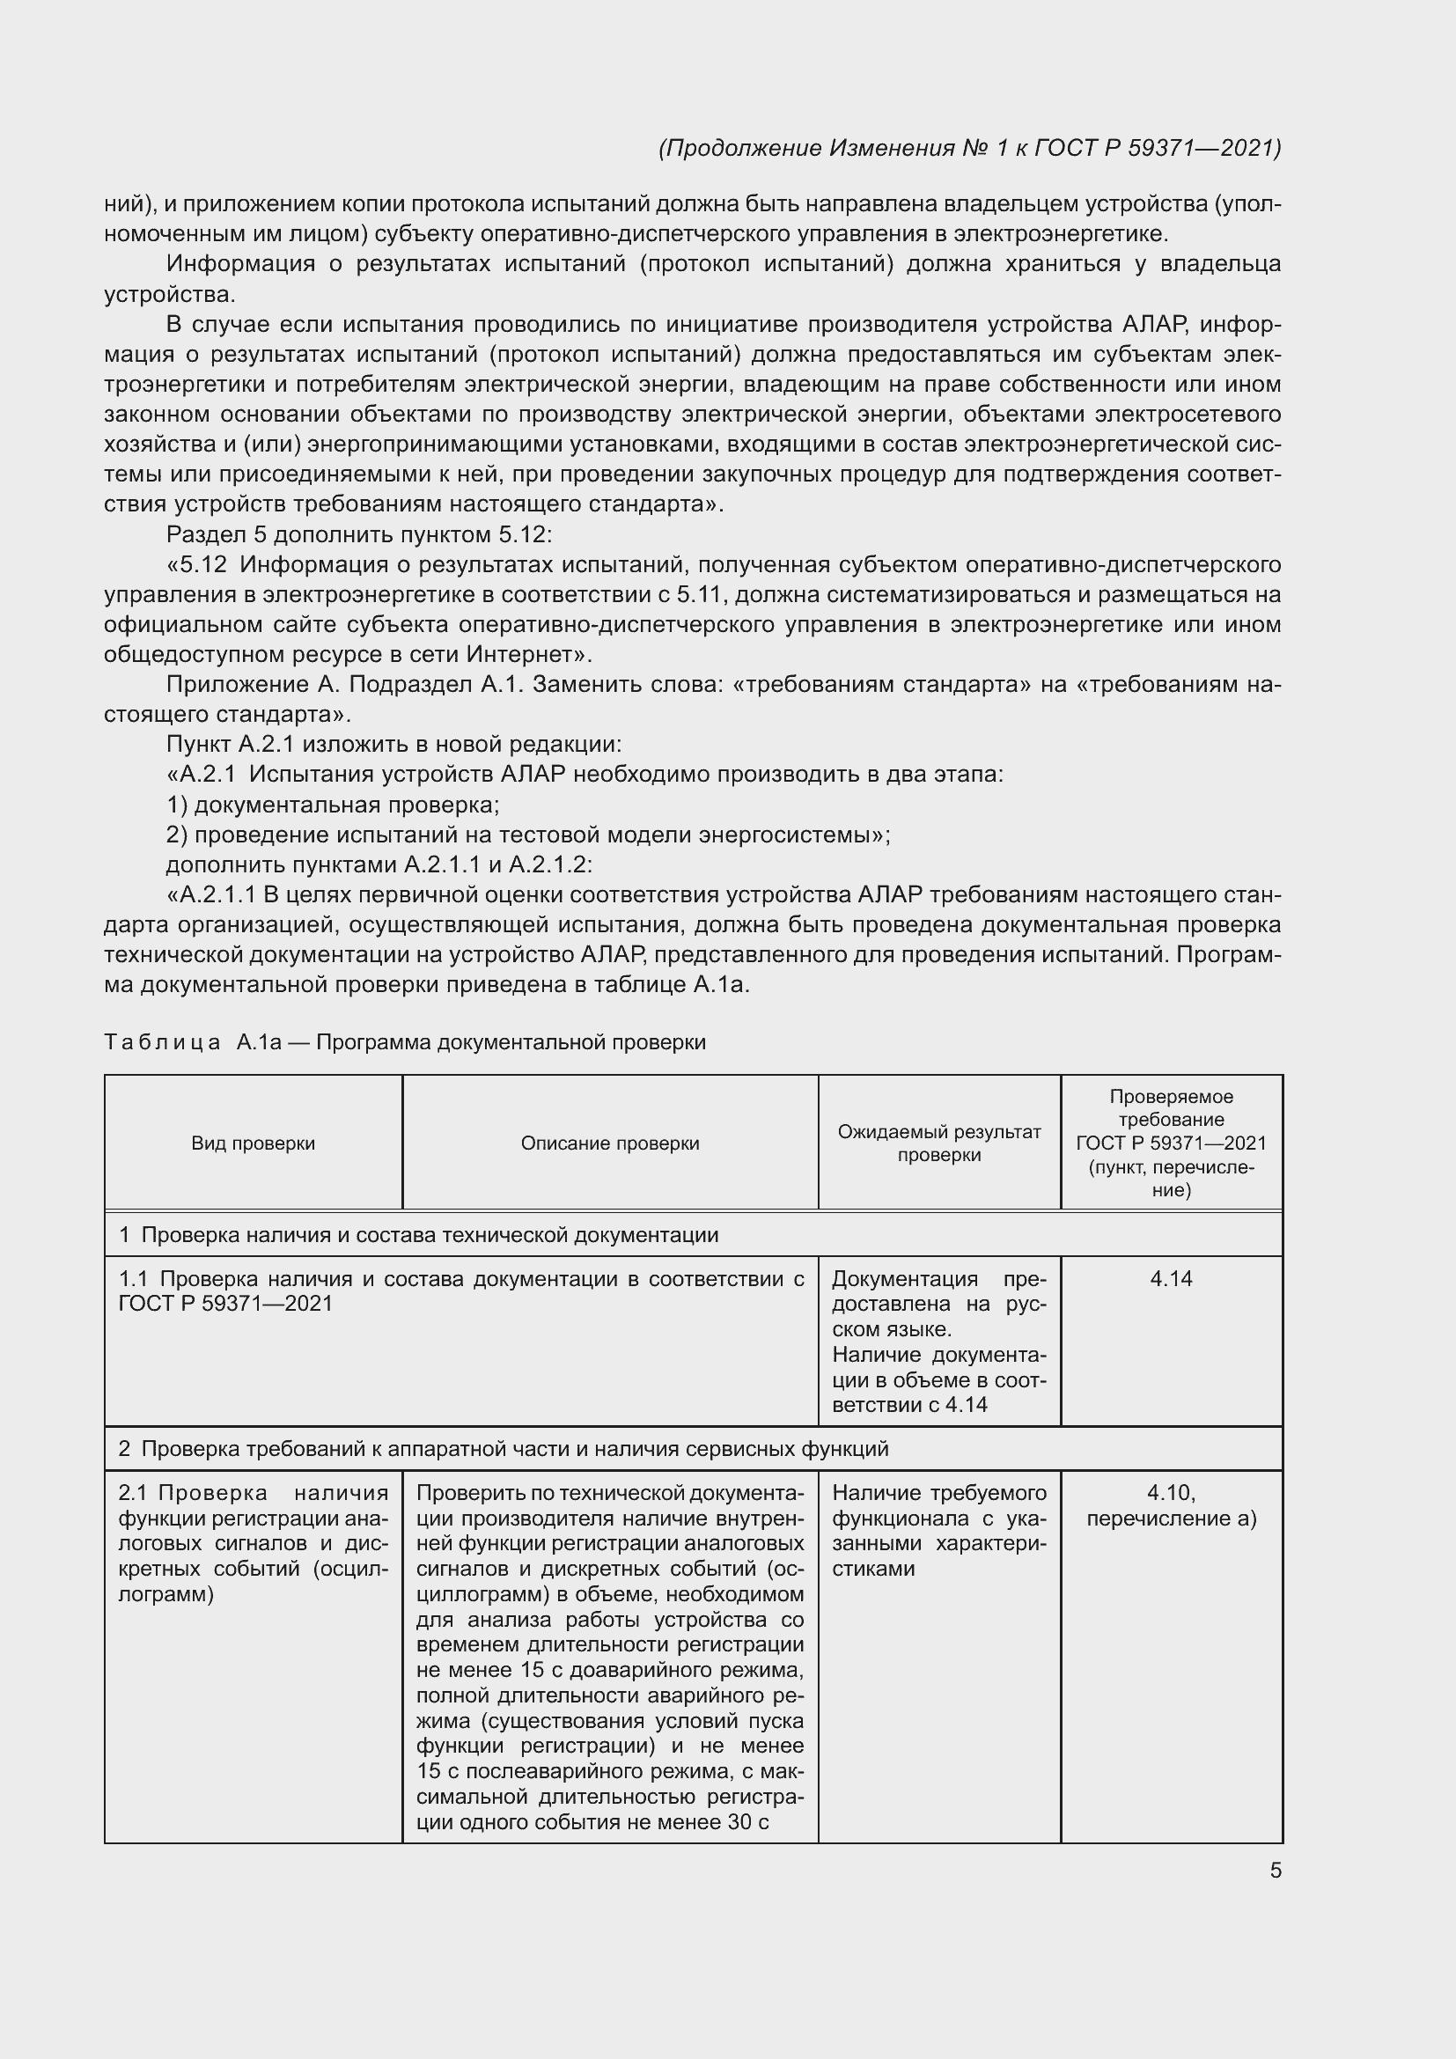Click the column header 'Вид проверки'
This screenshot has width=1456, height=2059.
[x=253, y=1143]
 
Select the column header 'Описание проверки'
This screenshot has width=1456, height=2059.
[x=610, y=1143]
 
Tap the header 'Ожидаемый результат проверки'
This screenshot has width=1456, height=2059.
[x=938, y=1143]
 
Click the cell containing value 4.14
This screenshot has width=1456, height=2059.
[x=1171, y=1279]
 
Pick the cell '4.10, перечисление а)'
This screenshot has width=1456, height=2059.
[x=1171, y=1504]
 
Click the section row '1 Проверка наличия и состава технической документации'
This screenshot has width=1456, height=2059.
[x=419, y=1235]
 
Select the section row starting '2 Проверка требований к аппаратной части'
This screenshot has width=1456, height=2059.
[x=503, y=1448]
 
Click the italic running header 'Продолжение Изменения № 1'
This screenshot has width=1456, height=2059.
[x=969, y=148]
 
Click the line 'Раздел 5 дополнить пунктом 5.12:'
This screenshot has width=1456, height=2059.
[x=358, y=534]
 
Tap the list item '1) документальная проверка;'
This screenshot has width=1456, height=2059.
[x=333, y=805]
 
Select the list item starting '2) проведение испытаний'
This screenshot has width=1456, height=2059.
[x=528, y=835]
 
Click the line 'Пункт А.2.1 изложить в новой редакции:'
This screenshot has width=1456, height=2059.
[x=393, y=745]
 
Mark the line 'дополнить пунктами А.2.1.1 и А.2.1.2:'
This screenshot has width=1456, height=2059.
[x=379, y=864]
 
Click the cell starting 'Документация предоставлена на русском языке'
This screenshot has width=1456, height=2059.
[x=938, y=1341]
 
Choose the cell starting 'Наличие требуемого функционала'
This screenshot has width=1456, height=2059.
[x=938, y=1530]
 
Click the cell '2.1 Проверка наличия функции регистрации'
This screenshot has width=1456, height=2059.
[x=253, y=1542]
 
